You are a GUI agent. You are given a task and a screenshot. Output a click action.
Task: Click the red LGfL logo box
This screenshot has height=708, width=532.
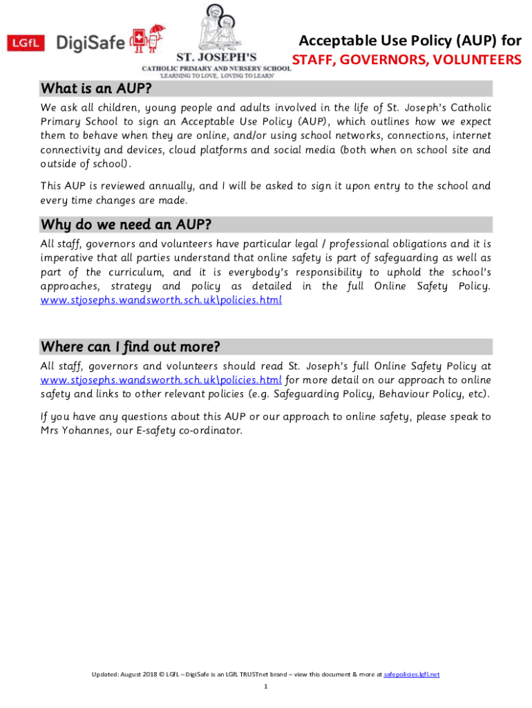(x=26, y=44)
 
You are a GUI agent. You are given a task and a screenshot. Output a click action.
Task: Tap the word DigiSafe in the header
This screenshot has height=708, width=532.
(x=90, y=44)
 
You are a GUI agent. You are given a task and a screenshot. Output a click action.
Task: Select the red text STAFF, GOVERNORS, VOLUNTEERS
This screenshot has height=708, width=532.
(x=406, y=60)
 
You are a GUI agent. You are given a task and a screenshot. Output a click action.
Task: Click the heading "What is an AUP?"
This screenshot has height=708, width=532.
(x=96, y=89)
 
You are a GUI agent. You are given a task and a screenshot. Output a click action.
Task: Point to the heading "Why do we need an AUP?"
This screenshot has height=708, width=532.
(x=126, y=225)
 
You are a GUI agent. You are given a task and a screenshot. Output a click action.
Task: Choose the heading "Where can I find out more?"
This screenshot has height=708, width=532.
(x=140, y=346)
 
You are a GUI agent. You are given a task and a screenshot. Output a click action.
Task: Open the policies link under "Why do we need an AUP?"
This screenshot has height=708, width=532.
(x=161, y=301)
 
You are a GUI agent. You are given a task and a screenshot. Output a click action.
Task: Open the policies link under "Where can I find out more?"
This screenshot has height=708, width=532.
(x=161, y=380)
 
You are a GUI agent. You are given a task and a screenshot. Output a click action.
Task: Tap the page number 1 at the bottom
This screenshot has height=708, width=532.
(x=266, y=687)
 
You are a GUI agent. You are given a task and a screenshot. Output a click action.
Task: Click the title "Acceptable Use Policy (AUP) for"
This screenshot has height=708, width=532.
(x=410, y=41)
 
